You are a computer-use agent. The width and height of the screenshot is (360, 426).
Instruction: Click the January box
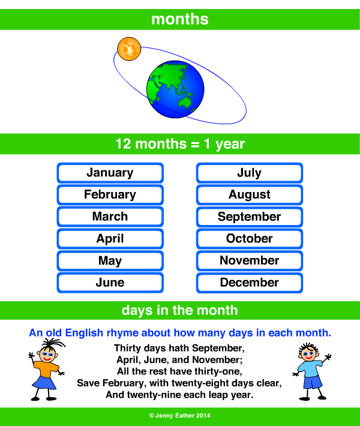point(110,173)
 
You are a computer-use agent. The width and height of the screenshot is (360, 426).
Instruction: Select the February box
point(110,194)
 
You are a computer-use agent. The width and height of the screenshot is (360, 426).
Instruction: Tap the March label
point(110,217)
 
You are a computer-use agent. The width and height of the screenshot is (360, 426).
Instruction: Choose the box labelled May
point(110,261)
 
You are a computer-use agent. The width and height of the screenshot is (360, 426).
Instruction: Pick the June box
point(110,283)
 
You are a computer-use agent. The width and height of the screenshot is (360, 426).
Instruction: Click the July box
point(249,173)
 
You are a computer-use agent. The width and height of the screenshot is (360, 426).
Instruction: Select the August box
point(249,194)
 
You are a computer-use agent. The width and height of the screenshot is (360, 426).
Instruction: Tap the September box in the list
point(249,217)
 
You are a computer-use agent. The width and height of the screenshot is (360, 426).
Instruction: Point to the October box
point(249,239)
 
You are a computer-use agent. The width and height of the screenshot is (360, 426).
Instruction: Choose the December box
point(249,283)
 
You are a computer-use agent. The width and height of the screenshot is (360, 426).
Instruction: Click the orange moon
point(129,48)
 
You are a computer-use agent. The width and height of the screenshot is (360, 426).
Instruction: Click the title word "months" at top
point(180,19)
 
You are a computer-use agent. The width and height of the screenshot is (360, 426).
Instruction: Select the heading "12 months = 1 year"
point(180,145)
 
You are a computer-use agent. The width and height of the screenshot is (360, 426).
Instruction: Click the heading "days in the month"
point(180,310)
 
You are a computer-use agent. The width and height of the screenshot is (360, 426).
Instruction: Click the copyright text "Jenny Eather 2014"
point(180,416)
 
